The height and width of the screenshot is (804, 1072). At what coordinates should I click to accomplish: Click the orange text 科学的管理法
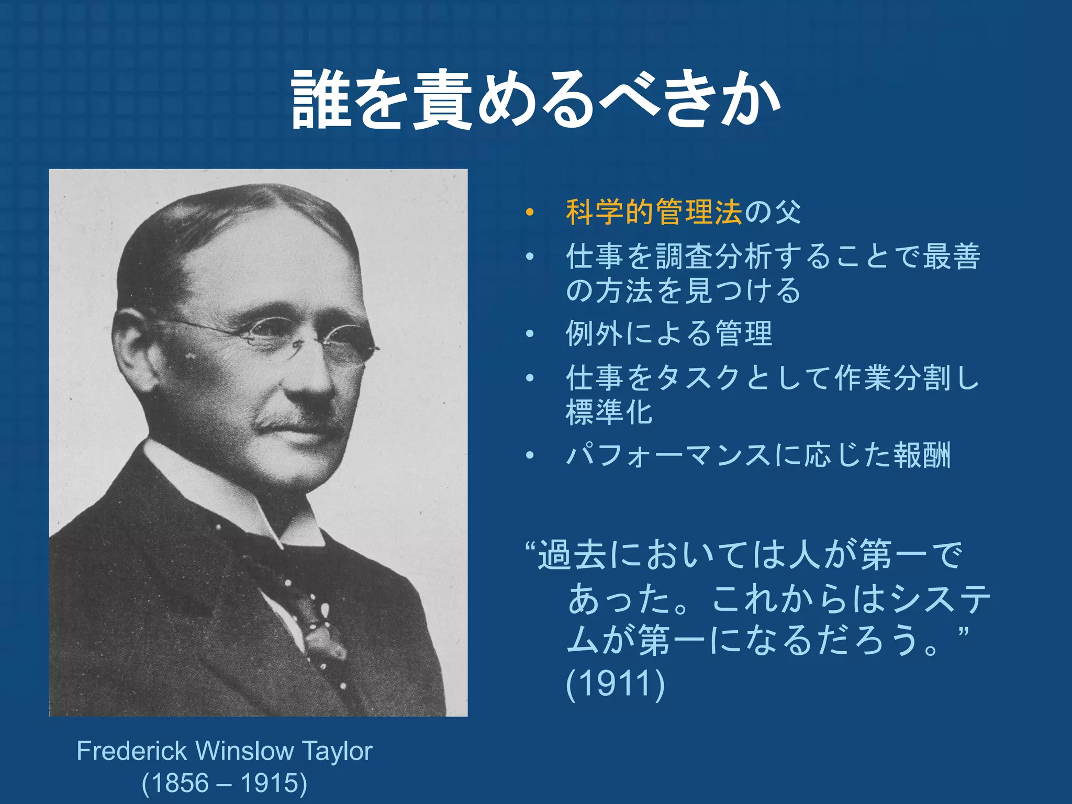[654, 212]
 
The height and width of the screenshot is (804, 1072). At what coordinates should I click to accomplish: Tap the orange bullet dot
[530, 213]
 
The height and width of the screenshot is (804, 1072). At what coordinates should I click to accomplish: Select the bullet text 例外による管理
[668, 333]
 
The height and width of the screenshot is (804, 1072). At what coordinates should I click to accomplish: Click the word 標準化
[609, 412]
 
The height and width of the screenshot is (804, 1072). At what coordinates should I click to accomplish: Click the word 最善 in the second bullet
[951, 256]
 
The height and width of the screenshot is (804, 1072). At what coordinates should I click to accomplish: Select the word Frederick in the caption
[131, 751]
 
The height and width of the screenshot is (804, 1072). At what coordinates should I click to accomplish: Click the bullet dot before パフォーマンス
[530, 455]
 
